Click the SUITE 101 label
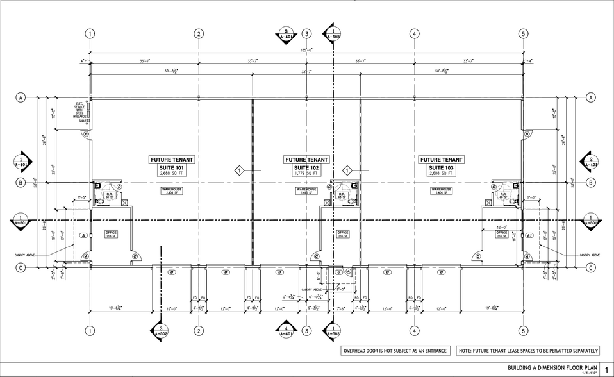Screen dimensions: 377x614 tap(171, 167)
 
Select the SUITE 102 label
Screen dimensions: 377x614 tap(306, 167)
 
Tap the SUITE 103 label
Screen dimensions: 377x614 tap(441, 167)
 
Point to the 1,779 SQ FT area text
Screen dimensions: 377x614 tap(306, 174)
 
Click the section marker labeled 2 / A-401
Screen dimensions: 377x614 tap(592, 162)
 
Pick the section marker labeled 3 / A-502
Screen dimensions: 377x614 tap(160, 331)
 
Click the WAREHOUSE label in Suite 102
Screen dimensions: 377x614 tap(306, 191)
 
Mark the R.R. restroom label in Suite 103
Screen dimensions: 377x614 tap(503, 196)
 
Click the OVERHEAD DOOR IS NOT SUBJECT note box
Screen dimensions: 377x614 tap(395, 351)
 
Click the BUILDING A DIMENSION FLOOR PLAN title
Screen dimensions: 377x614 tap(549, 368)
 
